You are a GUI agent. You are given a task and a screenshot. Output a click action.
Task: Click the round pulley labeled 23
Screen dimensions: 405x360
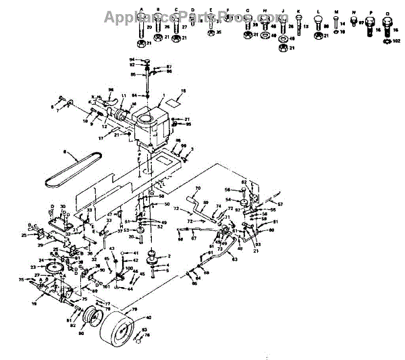(x=51, y=271)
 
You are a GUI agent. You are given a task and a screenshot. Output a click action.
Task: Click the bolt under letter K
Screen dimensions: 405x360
(x=299, y=26)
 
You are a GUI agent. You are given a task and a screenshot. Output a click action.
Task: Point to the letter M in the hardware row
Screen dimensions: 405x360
(x=336, y=11)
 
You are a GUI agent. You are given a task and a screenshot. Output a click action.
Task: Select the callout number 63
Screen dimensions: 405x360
(x=234, y=259)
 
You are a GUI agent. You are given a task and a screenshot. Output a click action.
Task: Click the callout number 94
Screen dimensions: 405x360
(x=132, y=60)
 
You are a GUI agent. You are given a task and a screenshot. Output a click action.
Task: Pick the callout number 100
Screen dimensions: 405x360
(x=129, y=268)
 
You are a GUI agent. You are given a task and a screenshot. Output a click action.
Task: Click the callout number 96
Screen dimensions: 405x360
(x=111, y=88)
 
